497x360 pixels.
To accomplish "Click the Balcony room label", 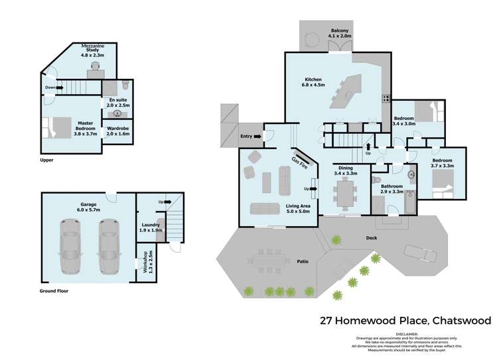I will click(x=341, y=34).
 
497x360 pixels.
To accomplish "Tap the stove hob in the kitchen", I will click(x=384, y=99).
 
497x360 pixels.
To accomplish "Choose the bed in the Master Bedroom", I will click(x=52, y=126).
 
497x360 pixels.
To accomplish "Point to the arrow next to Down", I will click(x=60, y=87).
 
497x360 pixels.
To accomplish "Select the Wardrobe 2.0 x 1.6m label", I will click(x=117, y=131).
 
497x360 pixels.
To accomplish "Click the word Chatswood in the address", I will click(x=462, y=320).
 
